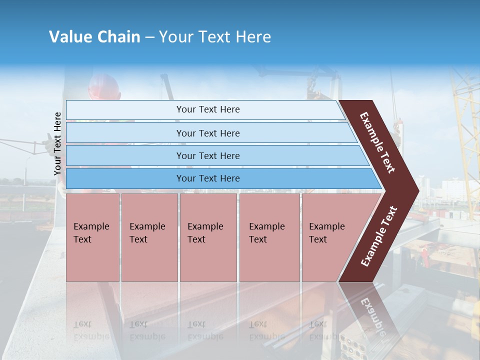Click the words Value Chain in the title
click(x=94, y=37)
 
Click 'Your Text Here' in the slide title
click(x=215, y=37)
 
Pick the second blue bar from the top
click(x=208, y=133)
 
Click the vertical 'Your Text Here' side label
click(x=57, y=143)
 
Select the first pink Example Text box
click(x=92, y=237)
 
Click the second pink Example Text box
click(x=149, y=237)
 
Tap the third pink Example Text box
click(x=208, y=237)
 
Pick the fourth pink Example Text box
click(x=269, y=237)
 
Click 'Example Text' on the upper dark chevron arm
click(x=377, y=142)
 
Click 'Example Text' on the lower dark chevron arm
click(x=379, y=236)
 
